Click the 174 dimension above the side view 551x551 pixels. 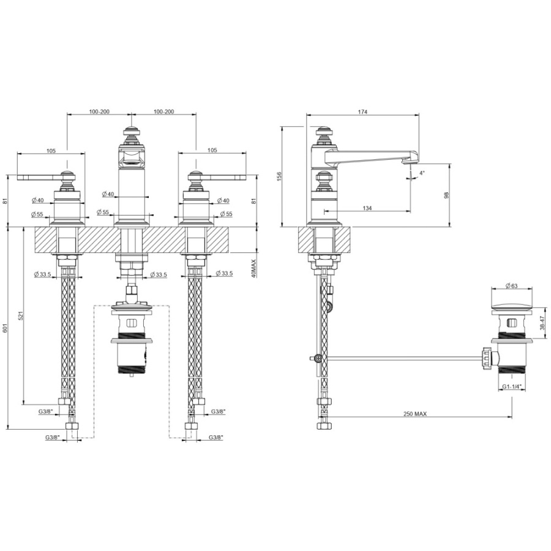coord(362,112)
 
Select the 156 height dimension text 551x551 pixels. coord(279,176)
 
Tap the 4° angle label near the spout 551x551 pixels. coord(422,173)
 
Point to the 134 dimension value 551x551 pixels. coord(367,208)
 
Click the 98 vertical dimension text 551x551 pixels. coord(447,195)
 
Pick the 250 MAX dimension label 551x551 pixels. coord(415,414)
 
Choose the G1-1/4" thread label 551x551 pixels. coord(512,386)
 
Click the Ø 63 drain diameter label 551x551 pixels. coord(512,286)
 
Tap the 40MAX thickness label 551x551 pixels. coord(255,269)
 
